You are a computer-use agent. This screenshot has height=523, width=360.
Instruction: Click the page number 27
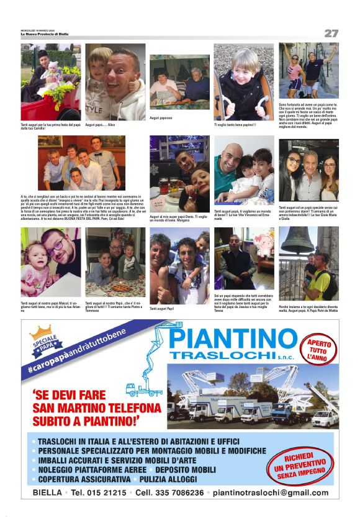point(331,33)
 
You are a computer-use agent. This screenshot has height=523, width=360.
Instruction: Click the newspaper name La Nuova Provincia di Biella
point(45,34)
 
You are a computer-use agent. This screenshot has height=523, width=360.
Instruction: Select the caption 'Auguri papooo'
point(161,117)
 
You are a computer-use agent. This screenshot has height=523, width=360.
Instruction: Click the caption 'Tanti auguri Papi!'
point(162,308)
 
